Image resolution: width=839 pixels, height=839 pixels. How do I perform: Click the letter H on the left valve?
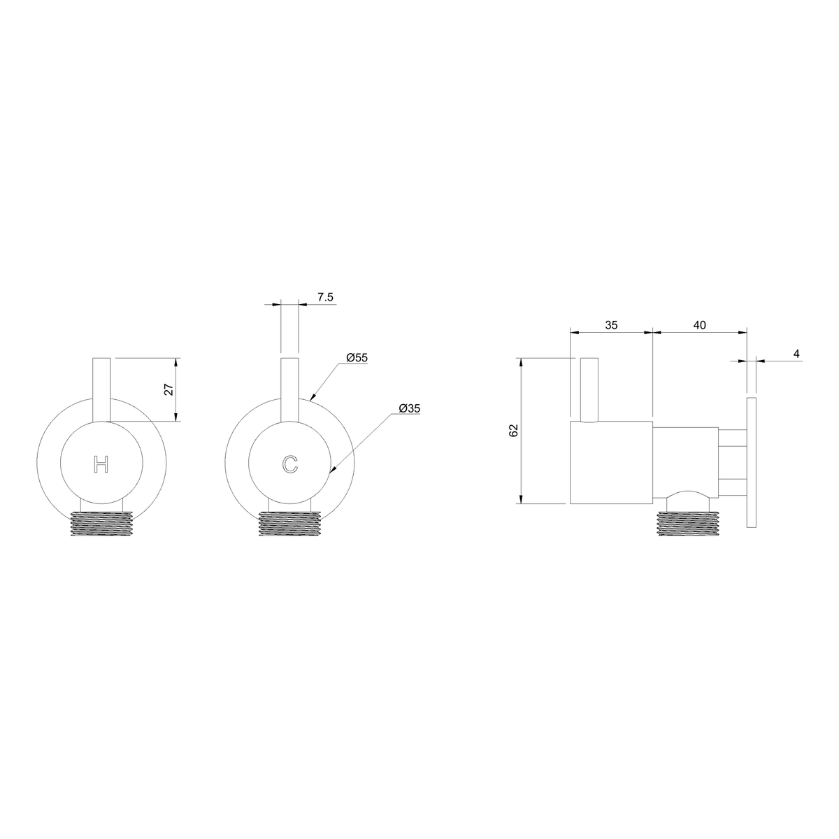coord(101,464)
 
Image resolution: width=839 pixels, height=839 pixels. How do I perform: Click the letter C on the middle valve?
coord(290,464)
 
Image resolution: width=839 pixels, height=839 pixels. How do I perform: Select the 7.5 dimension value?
coord(325,297)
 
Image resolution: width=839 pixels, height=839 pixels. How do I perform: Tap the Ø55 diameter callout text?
coord(357,357)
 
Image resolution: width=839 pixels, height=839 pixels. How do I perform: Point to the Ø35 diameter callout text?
coord(410,408)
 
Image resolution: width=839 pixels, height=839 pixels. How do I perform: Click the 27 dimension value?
coord(169,389)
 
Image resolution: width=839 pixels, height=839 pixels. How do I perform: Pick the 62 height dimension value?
coord(514,430)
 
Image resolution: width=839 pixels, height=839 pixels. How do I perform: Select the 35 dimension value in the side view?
coord(611,325)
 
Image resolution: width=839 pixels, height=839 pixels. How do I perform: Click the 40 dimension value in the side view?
coord(700,325)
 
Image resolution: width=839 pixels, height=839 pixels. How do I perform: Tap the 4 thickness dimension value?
coord(796,354)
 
